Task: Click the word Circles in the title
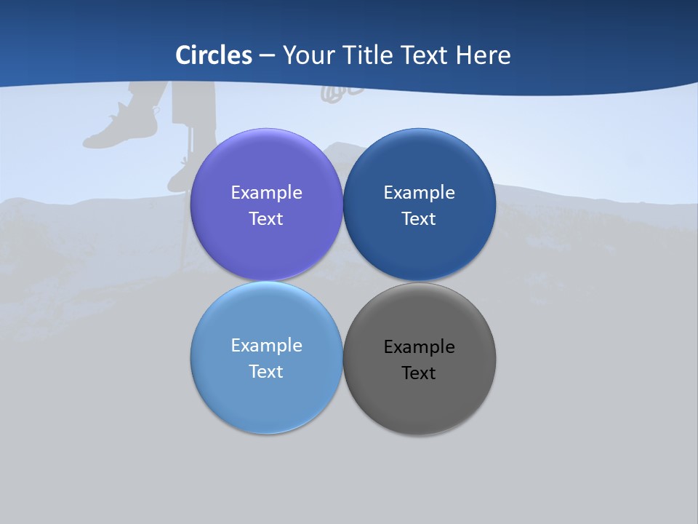pyautogui.click(x=214, y=55)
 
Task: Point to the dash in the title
pyautogui.click(x=267, y=56)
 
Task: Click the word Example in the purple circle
pyautogui.click(x=266, y=193)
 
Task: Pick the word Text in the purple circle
pyautogui.click(x=266, y=219)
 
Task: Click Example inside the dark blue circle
pyautogui.click(x=419, y=193)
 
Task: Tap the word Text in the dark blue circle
pyautogui.click(x=419, y=219)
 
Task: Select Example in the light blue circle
pyautogui.click(x=266, y=346)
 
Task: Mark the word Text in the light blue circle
pyautogui.click(x=266, y=372)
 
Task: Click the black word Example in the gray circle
pyautogui.click(x=419, y=347)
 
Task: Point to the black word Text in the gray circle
pyautogui.click(x=419, y=373)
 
